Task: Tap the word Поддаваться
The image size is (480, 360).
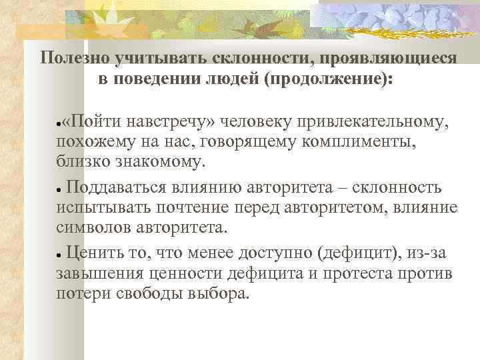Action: pyautogui.click(x=123, y=187)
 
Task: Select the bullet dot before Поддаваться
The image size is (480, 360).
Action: pyautogui.click(x=59, y=189)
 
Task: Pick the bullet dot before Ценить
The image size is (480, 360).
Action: pyautogui.click(x=59, y=253)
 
